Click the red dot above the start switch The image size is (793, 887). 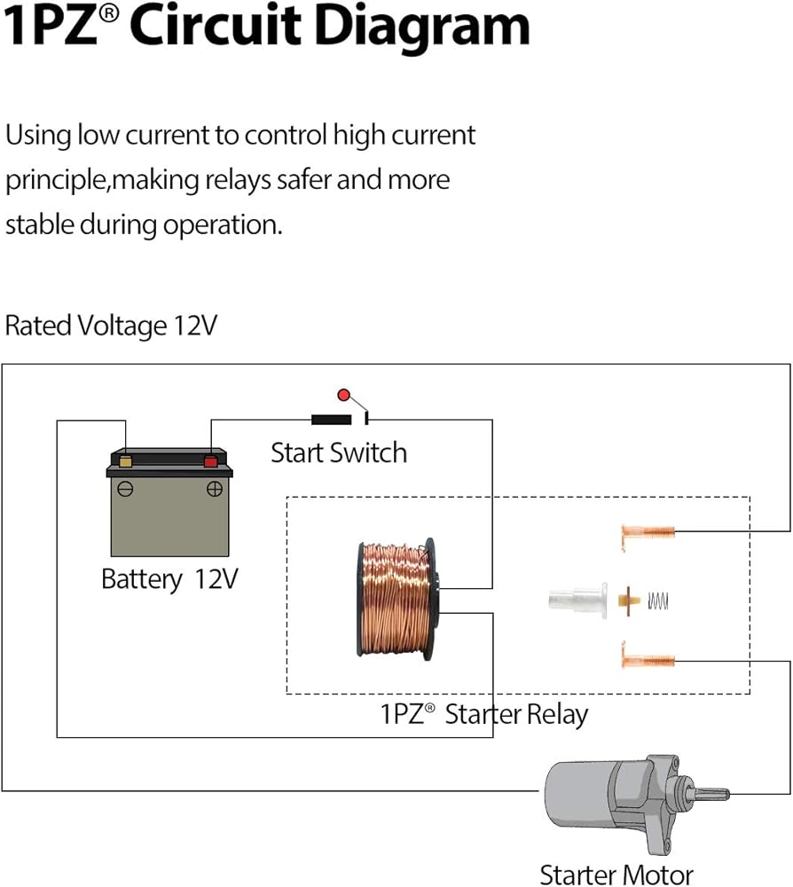(x=343, y=394)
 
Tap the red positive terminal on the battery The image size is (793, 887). (x=210, y=461)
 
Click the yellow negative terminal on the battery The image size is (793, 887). (x=126, y=461)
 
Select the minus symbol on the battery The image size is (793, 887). (x=126, y=489)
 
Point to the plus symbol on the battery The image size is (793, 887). (x=214, y=489)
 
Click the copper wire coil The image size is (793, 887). (x=396, y=599)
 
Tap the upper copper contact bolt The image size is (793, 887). (x=648, y=533)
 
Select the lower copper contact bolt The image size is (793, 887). (x=648, y=659)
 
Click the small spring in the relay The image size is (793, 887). (x=656, y=600)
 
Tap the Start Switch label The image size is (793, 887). (x=339, y=453)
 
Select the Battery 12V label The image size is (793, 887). (x=169, y=580)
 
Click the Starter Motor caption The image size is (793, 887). (x=616, y=875)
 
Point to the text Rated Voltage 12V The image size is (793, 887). (x=111, y=326)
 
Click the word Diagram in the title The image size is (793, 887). (x=421, y=27)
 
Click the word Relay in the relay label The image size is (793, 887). (x=557, y=714)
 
